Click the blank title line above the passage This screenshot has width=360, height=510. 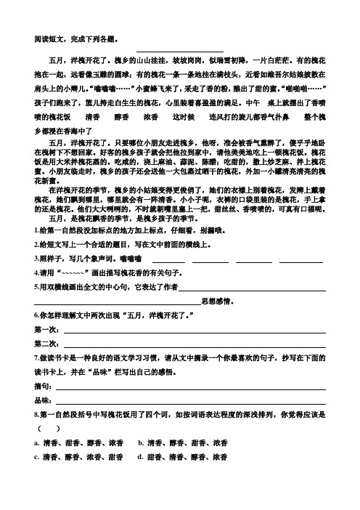[x=179, y=51]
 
